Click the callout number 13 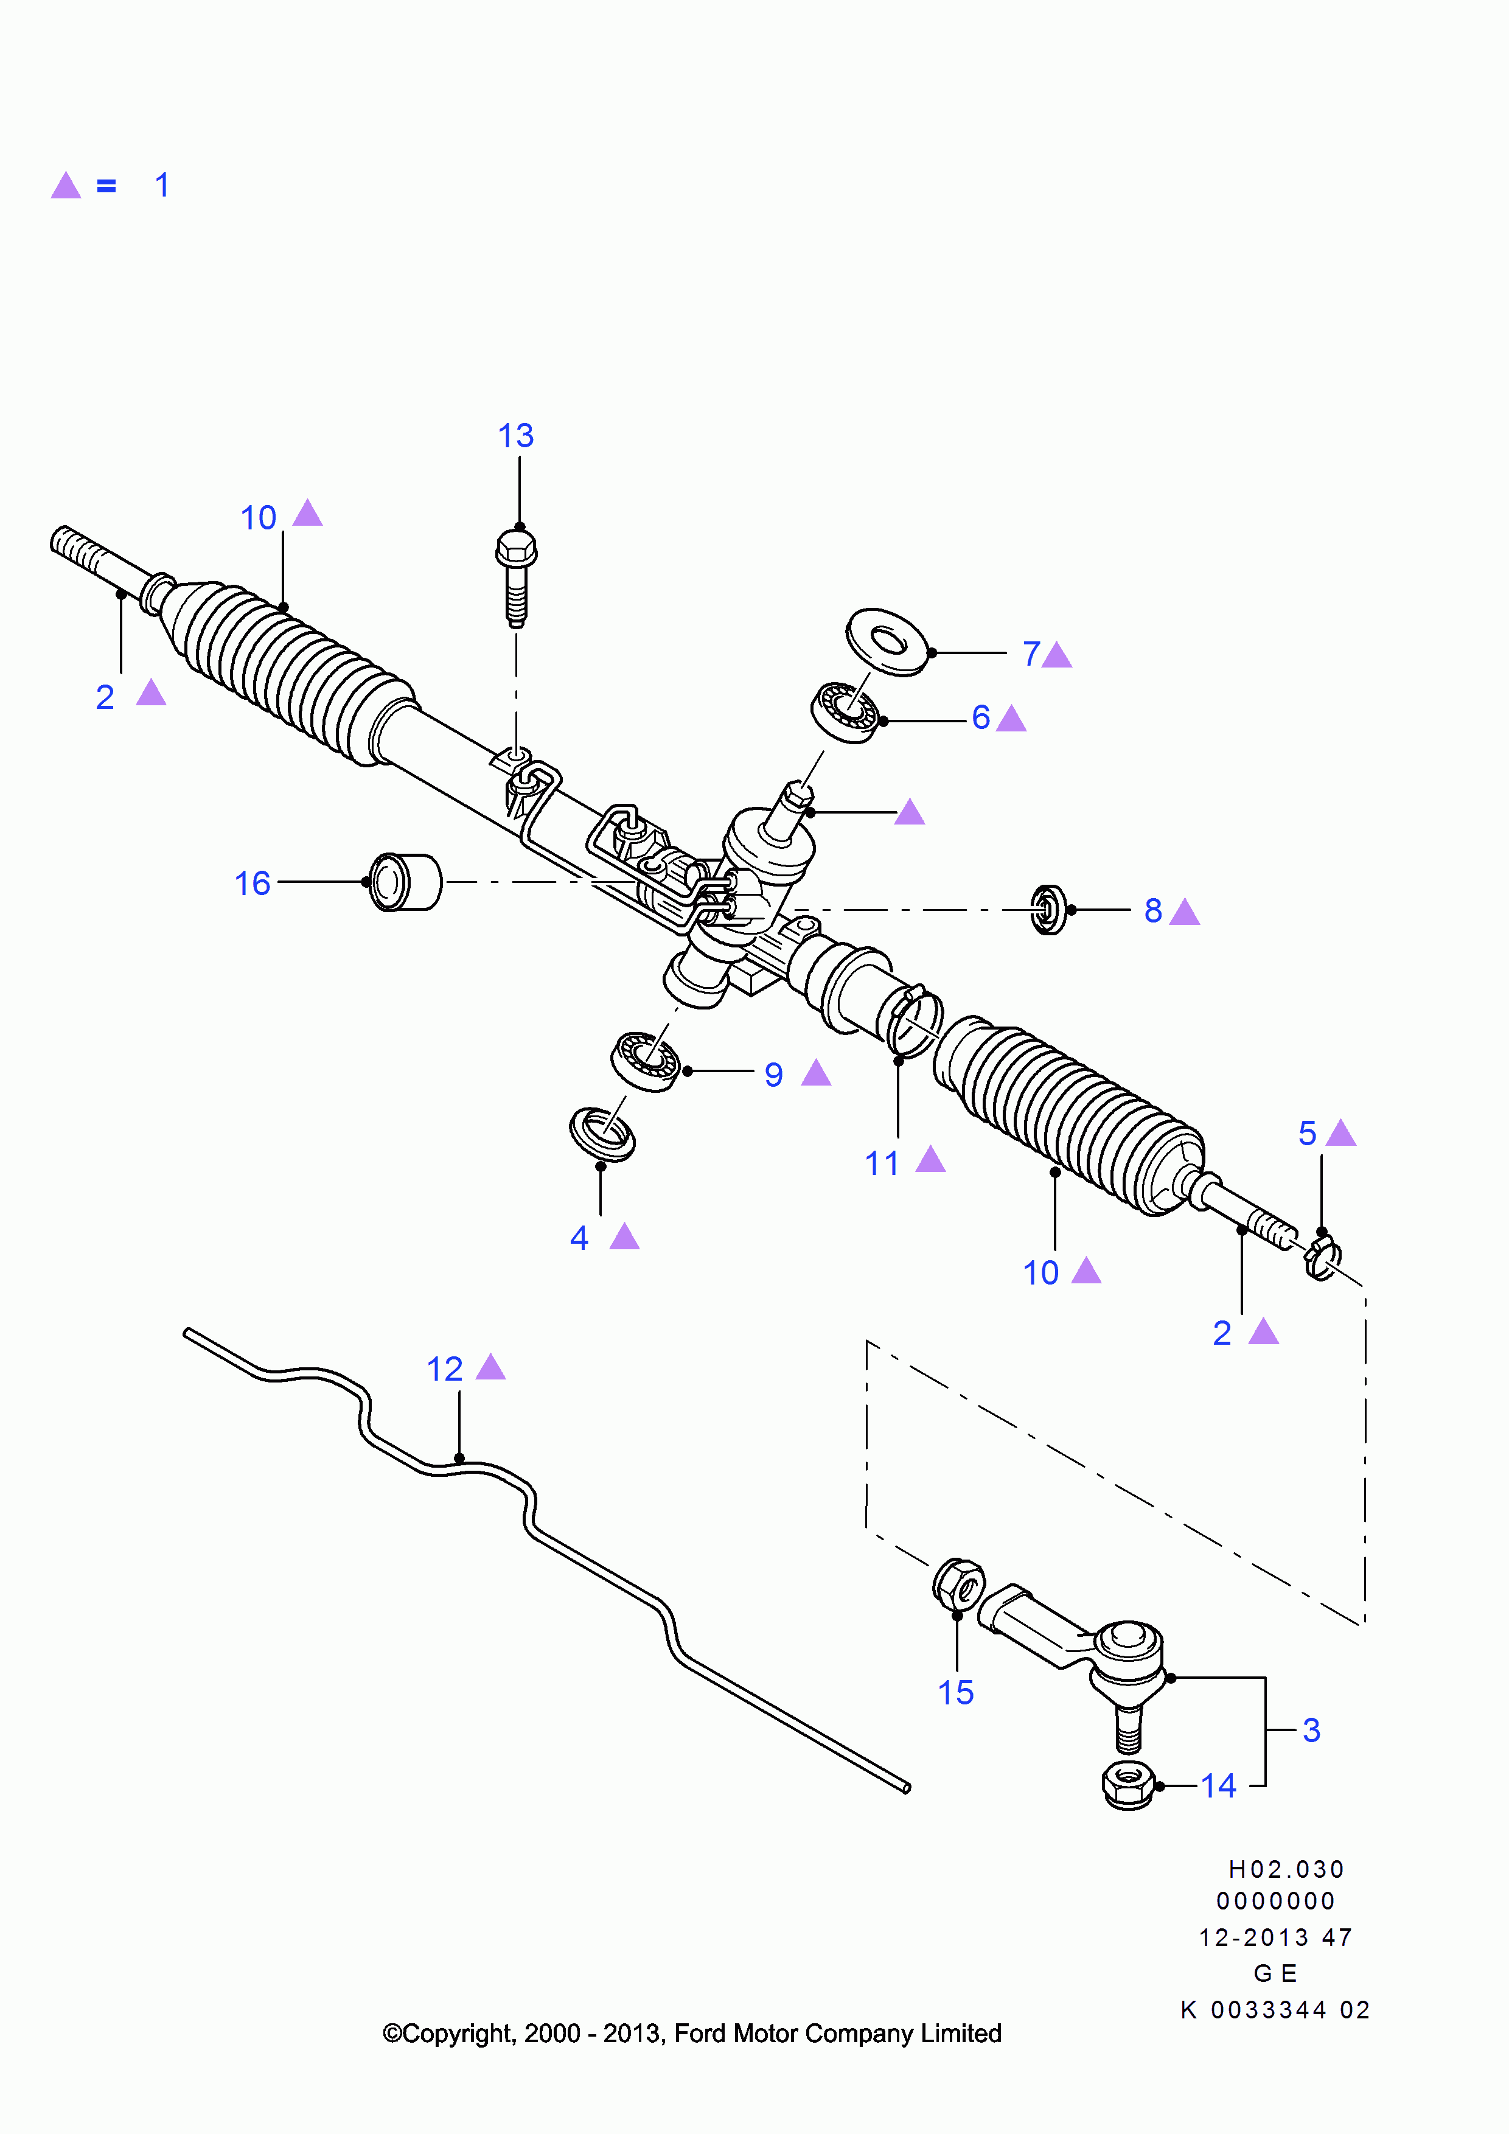tap(516, 436)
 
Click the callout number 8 tap(1153, 911)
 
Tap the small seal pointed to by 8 tap(1048, 910)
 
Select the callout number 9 tap(773, 1075)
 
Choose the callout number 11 tap(882, 1163)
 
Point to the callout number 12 tap(444, 1369)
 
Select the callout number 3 tap(1311, 1731)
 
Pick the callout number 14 tap(1218, 1787)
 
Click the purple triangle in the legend tap(66, 186)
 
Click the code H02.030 tap(1286, 1869)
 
